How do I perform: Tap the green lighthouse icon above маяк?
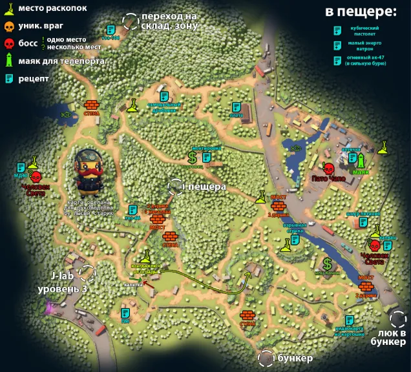click(x=362, y=160)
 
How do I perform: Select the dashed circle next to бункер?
click(x=265, y=358)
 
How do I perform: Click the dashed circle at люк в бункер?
click(x=398, y=318)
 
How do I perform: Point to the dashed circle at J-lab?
click(x=87, y=273)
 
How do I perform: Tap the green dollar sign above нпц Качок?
click(x=328, y=263)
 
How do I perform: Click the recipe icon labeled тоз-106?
click(x=111, y=29)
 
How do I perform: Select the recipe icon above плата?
click(x=237, y=107)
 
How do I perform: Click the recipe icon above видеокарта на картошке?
click(x=350, y=320)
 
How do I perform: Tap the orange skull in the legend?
click(x=9, y=26)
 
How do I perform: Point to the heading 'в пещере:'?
click(x=360, y=12)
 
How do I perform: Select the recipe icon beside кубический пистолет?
click(x=336, y=30)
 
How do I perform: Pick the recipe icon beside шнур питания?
click(x=375, y=227)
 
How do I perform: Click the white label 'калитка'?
click(x=133, y=284)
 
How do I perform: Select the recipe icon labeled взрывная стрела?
click(x=295, y=240)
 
